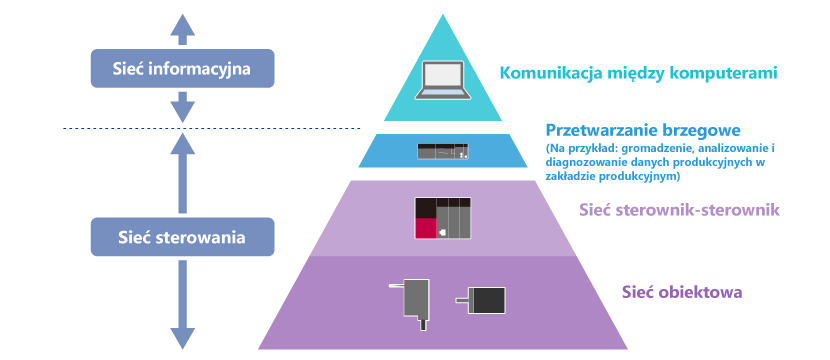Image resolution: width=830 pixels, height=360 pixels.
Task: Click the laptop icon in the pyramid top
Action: [x=443, y=80]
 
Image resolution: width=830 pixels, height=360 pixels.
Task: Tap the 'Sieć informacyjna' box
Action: [x=183, y=68]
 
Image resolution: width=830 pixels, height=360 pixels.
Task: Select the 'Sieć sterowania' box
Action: [x=183, y=237]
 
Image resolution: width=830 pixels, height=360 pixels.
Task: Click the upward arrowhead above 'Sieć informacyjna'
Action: [x=183, y=24]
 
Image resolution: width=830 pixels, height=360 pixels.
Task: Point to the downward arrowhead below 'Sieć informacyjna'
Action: [x=183, y=112]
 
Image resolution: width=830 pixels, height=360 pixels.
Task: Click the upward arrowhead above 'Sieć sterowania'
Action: [x=183, y=142]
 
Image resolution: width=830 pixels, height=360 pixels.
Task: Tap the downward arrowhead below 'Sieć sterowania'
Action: [x=183, y=339]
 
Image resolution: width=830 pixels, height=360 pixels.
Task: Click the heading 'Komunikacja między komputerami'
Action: [x=639, y=73]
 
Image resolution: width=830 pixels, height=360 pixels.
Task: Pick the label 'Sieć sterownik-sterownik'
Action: [x=680, y=210]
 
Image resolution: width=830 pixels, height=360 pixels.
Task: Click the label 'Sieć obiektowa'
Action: [x=682, y=292]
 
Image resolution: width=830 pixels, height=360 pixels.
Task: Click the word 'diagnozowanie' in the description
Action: [x=578, y=163]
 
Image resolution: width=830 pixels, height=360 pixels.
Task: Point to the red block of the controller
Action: [x=426, y=229]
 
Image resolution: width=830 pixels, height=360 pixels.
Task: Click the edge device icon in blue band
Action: [x=443, y=151]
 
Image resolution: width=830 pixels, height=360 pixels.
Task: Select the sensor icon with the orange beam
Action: [x=412, y=303]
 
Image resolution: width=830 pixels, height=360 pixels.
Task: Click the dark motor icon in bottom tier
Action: [x=481, y=300]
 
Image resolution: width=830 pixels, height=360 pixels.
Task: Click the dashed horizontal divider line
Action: [x=212, y=128]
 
